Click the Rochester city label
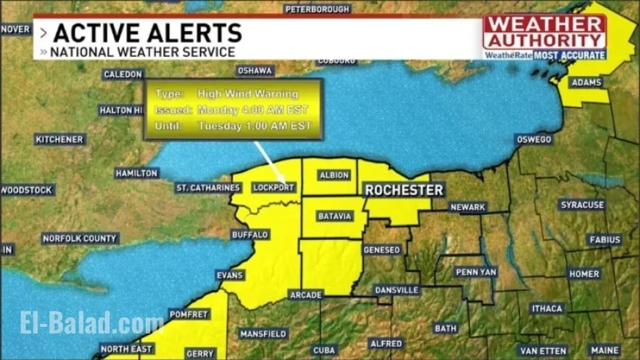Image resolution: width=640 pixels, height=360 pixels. tap(405, 190)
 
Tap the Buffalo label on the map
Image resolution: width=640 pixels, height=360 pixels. tap(250, 235)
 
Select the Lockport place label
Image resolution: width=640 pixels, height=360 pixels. tap(274, 188)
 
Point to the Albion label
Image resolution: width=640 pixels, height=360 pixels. tap(334, 175)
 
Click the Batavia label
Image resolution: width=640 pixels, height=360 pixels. tap(335, 216)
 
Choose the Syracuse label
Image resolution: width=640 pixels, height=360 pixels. tap(581, 205)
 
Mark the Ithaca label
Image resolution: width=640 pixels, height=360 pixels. tap(547, 308)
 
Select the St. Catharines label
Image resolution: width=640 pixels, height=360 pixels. tap(208, 188)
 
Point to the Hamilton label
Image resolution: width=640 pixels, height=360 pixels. tap(137, 173)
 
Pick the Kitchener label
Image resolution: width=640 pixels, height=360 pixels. tap(60, 139)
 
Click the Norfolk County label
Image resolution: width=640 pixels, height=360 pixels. tap(79, 239)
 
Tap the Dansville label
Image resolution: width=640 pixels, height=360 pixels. tap(396, 290)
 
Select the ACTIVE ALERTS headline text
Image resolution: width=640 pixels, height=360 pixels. tap(148, 32)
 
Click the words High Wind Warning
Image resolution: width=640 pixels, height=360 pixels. tap(248, 94)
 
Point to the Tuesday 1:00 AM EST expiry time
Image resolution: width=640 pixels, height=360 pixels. tap(252, 126)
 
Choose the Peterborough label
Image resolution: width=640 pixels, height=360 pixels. tap(316, 9)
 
